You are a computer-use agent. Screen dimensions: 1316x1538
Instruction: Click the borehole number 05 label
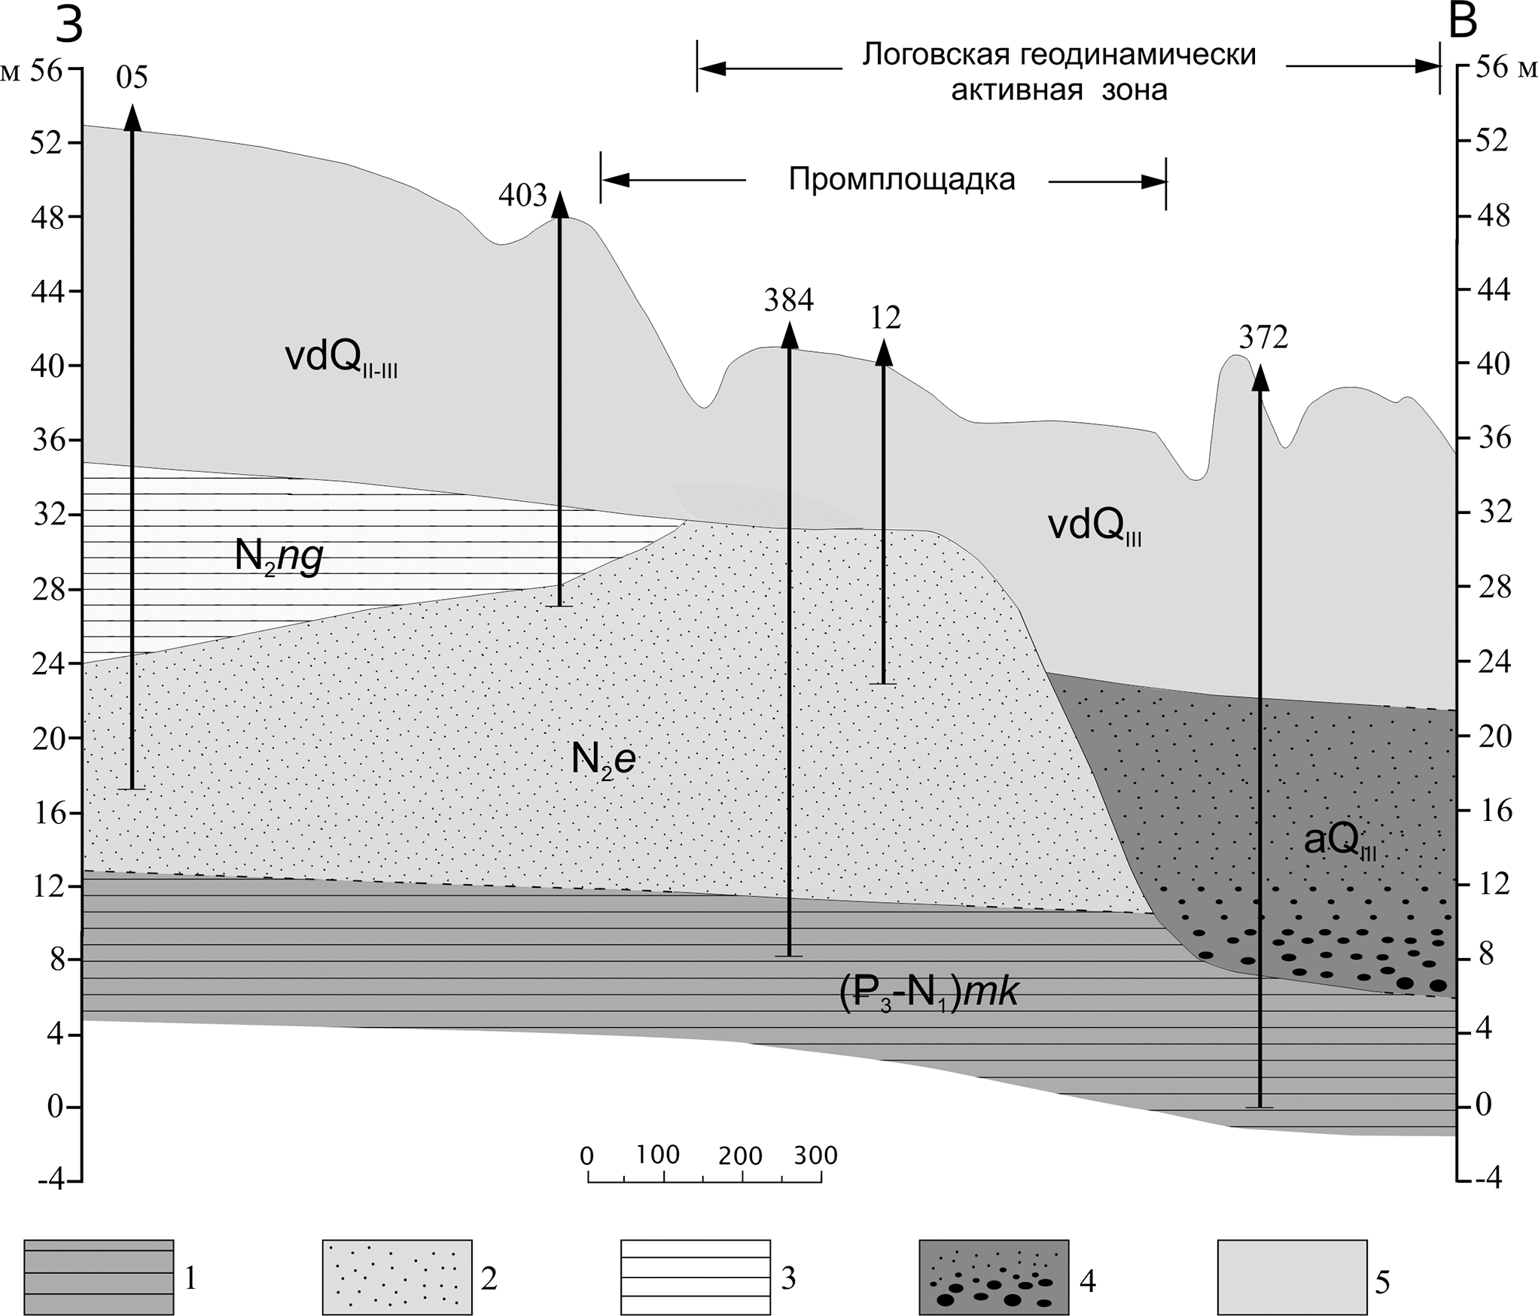point(132,78)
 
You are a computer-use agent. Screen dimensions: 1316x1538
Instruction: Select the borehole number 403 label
point(522,196)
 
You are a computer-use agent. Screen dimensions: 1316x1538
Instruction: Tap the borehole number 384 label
point(789,300)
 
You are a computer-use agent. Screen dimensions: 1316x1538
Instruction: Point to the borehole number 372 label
point(1263,339)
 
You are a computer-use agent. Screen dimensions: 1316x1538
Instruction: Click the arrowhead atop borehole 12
point(884,353)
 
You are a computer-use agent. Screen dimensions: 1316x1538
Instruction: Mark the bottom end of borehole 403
point(559,606)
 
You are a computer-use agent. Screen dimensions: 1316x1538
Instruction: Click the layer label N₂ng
point(279,558)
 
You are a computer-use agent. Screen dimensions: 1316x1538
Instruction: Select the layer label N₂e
point(603,760)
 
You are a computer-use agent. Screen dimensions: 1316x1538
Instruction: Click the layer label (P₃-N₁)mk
point(928,994)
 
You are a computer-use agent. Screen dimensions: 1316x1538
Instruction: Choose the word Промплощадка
point(902,180)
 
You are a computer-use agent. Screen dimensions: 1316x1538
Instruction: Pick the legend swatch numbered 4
point(994,1277)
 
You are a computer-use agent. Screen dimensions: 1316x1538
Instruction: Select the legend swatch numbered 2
point(397,1277)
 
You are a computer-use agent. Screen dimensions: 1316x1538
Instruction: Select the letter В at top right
point(1463,23)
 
